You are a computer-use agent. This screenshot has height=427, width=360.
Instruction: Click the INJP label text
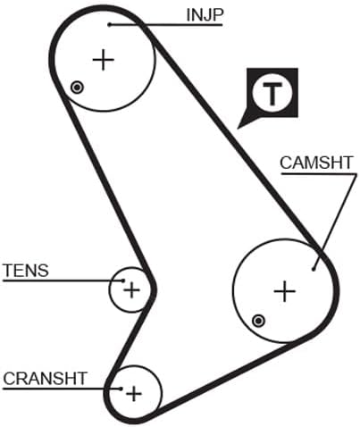[x=205, y=15]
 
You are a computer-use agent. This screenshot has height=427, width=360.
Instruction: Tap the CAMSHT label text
[x=316, y=163]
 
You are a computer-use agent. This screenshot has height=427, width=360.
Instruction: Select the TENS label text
[x=26, y=271]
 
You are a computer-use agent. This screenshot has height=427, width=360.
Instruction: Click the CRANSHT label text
[x=45, y=378]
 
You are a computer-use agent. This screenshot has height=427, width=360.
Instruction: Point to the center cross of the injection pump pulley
[x=104, y=60]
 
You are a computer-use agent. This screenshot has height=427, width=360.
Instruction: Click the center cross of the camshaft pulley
[x=285, y=291]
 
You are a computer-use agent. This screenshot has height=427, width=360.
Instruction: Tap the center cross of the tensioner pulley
[x=131, y=289]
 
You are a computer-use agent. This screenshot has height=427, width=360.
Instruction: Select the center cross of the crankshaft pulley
[x=134, y=394]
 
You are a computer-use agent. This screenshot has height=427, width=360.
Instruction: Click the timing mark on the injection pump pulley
[x=77, y=88]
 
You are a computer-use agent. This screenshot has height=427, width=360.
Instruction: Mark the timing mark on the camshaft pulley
[x=258, y=321]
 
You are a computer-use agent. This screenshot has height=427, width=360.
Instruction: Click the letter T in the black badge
[x=272, y=95]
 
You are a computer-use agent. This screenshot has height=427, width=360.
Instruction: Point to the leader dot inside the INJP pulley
[x=110, y=25]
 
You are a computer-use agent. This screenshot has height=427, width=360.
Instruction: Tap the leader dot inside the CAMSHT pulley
[x=314, y=270]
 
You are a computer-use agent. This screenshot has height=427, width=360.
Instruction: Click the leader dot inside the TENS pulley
[x=123, y=280]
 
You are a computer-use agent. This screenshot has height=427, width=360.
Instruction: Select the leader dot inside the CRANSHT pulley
[x=121, y=389]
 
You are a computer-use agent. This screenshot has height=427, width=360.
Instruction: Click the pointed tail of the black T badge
[x=238, y=129]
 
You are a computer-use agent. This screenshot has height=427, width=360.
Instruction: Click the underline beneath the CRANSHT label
[x=62, y=389]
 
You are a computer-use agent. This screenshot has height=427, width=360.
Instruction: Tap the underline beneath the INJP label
[x=166, y=25]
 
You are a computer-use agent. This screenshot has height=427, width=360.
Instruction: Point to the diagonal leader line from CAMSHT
[x=335, y=222]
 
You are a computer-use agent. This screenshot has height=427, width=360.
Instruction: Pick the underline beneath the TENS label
[x=63, y=280]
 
